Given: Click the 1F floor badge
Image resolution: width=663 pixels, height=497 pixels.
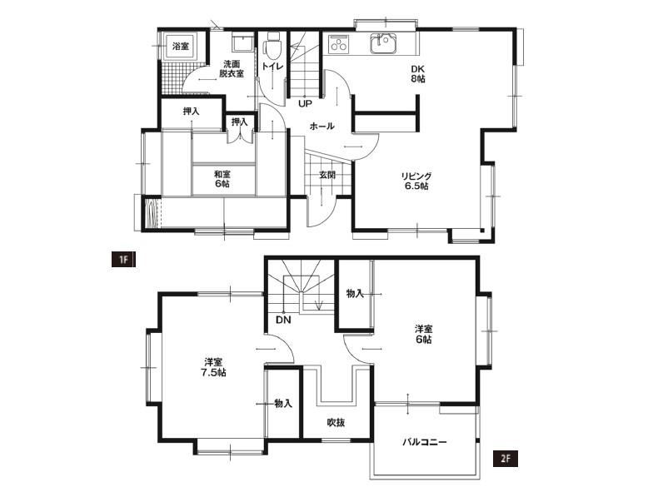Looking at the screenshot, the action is click(123, 260).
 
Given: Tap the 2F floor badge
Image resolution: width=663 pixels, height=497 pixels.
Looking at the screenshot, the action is click(506, 459).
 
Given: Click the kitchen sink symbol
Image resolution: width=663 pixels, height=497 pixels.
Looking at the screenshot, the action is click(384, 43).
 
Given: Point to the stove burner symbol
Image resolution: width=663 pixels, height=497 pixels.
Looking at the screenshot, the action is click(338, 44).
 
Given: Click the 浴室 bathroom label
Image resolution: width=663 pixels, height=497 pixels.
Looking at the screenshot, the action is click(181, 46).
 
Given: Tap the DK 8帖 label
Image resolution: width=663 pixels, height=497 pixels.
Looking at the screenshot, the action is click(418, 73).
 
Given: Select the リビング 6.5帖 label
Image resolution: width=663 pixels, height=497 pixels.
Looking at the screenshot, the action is click(417, 181).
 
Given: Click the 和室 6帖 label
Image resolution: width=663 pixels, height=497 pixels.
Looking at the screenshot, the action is click(222, 179).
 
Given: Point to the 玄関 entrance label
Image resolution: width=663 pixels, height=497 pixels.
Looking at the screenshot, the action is click(327, 175).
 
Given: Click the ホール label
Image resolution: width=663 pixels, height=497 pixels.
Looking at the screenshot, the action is click(322, 126).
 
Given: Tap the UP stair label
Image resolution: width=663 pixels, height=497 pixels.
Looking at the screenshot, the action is click(305, 103).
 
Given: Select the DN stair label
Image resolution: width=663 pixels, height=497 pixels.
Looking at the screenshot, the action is click(283, 320).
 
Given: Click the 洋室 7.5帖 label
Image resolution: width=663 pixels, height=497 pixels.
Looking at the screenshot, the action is click(215, 368).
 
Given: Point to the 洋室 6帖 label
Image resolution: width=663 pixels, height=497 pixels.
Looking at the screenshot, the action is click(423, 335).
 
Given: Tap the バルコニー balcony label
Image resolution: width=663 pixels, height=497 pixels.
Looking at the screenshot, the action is click(424, 443).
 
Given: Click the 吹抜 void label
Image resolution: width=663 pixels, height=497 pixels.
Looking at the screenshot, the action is click(336, 422).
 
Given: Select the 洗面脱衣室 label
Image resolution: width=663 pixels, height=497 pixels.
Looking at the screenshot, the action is click(232, 69).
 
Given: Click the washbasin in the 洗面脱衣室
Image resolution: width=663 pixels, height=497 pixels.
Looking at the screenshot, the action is click(242, 43).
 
